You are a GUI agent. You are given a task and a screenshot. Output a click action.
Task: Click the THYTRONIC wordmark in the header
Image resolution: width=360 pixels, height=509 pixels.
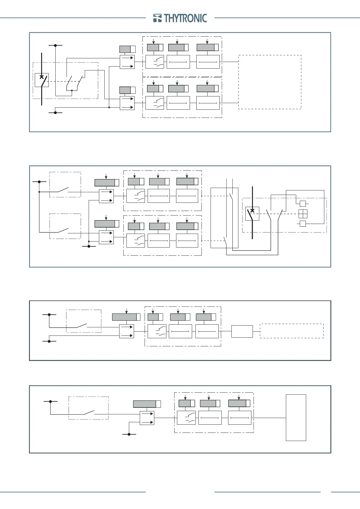(185, 18)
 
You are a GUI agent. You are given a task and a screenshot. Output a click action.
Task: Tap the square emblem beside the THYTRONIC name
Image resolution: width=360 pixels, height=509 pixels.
(157, 18)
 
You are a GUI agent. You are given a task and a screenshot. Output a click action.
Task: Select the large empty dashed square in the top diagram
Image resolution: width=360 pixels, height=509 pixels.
(270, 82)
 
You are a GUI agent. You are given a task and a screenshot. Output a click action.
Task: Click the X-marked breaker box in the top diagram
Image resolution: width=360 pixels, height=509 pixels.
(42, 80)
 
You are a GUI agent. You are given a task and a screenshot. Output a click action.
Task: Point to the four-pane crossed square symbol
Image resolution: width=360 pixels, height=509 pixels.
(303, 214)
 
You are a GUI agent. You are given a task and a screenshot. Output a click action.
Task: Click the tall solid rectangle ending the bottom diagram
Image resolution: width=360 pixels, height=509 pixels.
(296, 417)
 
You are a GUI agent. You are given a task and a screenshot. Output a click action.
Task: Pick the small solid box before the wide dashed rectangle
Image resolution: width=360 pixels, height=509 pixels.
(242, 331)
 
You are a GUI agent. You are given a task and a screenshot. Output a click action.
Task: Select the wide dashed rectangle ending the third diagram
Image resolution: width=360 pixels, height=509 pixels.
(292, 331)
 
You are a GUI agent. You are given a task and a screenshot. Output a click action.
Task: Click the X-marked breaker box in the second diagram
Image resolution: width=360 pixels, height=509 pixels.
(252, 214)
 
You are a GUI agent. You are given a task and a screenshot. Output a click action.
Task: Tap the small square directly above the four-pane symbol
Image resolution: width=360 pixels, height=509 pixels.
(303, 203)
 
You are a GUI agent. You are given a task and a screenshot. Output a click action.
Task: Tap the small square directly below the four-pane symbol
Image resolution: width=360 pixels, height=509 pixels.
(303, 224)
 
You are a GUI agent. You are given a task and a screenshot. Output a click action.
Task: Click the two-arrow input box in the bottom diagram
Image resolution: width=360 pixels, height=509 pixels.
(147, 418)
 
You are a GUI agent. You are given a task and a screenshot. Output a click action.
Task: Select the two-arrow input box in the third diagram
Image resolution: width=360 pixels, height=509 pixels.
(126, 331)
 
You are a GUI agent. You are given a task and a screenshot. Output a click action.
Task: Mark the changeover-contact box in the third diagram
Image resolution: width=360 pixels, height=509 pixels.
(157, 331)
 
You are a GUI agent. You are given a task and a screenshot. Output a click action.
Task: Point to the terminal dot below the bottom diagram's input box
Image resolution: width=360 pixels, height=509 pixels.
(129, 434)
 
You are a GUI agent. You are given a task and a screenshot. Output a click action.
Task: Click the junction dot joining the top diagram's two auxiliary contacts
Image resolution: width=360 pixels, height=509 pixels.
(72, 90)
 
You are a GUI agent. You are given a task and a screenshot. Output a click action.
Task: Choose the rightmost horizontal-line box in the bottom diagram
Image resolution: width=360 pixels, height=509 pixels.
(240, 418)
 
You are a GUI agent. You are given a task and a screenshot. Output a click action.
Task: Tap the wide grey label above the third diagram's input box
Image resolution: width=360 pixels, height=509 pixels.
(124, 317)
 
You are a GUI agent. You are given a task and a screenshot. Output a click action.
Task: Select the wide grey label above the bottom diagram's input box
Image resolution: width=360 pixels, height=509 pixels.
(145, 404)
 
